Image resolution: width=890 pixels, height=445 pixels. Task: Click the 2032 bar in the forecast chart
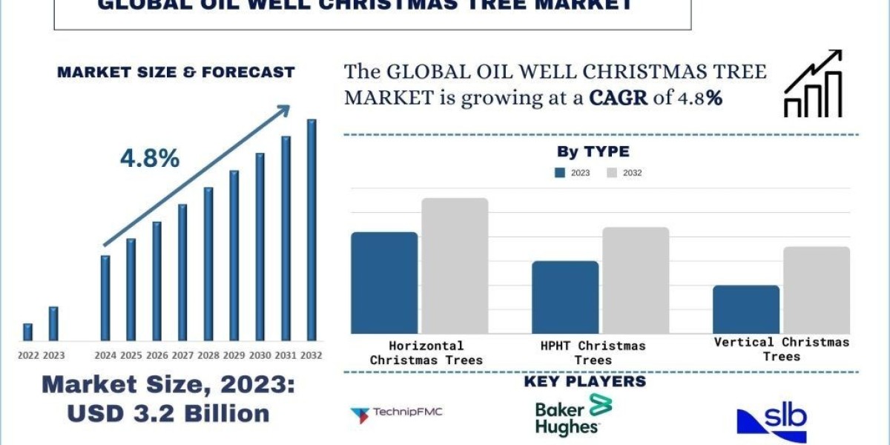coord(311,230)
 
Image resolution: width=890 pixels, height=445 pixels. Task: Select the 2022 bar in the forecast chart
coord(27,332)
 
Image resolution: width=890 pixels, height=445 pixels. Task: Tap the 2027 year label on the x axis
coord(182,356)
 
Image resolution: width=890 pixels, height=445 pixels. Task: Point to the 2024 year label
coord(105,356)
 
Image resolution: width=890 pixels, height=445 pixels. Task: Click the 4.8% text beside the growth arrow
coord(150,158)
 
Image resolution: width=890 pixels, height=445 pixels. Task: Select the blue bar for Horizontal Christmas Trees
coord(384,283)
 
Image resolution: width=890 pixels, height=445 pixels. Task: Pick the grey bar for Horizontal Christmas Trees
coord(455,266)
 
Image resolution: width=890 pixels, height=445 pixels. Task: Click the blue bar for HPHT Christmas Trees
coord(565,297)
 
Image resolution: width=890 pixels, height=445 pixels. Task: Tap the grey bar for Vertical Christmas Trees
coord(817,290)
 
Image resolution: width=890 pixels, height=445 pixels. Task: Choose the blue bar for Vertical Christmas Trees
coord(746,309)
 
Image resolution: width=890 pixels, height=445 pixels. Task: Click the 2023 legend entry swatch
coord(561,173)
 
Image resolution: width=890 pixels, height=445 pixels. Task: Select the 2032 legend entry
coord(624,173)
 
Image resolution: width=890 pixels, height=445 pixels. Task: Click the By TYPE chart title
coord(593,152)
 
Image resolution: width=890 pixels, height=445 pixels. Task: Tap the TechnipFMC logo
coord(397,413)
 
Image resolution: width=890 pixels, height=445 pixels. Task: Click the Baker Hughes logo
coord(571,415)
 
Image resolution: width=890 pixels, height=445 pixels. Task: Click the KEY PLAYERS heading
coord(584,382)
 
